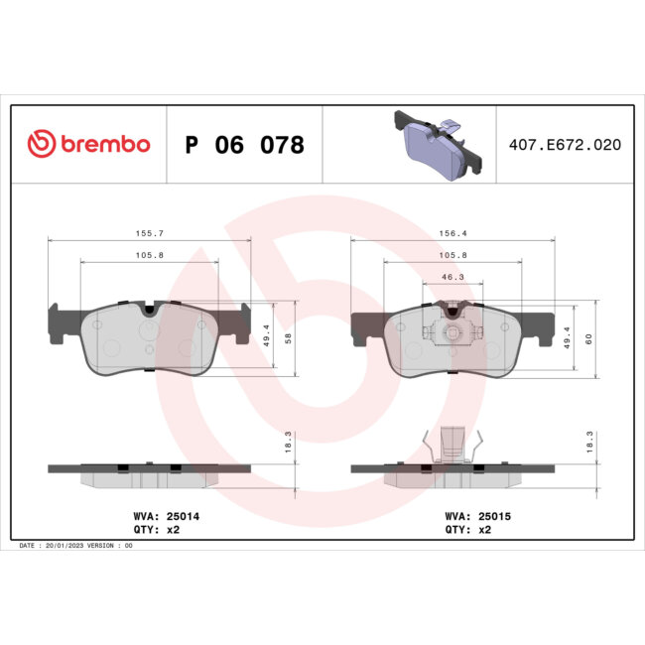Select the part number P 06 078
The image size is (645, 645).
coord(244,145)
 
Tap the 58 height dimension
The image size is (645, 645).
coord(288,338)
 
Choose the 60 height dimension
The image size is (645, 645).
coord(588,338)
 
